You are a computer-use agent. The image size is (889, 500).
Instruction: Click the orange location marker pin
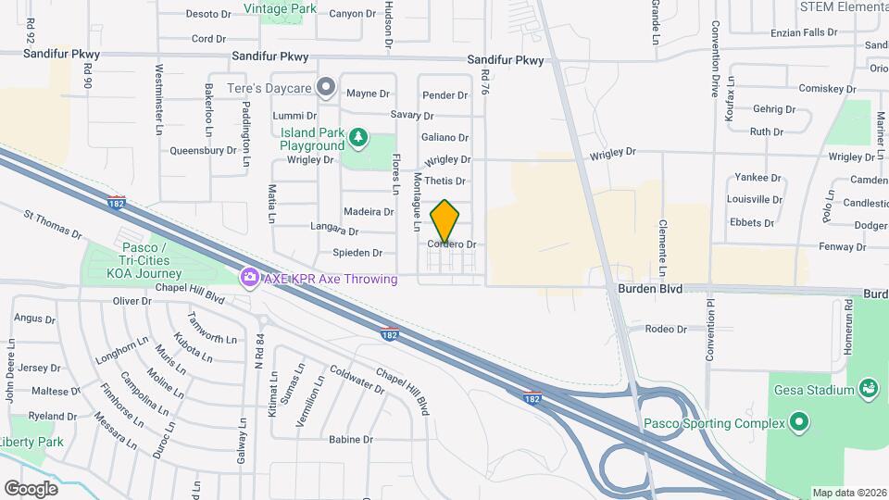445,221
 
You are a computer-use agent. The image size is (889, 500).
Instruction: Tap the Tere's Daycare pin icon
325,88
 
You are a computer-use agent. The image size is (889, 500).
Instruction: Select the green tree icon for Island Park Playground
358,140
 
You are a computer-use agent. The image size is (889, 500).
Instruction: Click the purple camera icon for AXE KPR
248,278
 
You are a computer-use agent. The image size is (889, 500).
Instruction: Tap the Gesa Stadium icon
869,388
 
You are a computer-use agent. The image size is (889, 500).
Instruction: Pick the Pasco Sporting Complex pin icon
800,424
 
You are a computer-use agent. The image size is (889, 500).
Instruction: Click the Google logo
31,488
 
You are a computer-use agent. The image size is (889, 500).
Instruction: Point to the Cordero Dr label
452,244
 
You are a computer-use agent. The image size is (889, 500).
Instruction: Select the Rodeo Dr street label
666,329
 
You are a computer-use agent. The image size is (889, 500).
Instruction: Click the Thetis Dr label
446,181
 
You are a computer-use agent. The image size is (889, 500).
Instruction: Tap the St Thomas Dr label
54,225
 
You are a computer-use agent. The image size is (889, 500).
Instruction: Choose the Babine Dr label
350,440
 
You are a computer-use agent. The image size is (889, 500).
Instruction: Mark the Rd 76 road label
483,81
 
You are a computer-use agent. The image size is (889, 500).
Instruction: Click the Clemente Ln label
663,247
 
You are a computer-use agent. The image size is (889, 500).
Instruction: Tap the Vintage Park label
280,9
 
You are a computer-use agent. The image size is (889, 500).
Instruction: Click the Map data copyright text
849,493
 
